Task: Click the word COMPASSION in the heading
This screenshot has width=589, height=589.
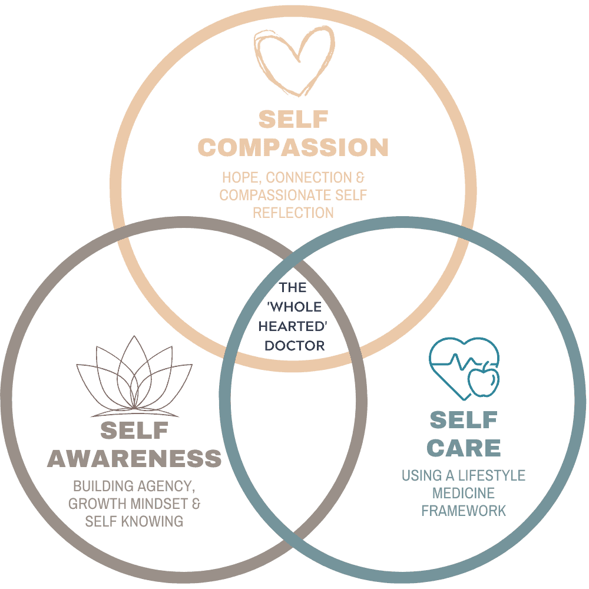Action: [293, 147]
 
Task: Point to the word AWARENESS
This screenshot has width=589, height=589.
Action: [134, 459]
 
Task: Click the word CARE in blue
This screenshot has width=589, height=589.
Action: [464, 448]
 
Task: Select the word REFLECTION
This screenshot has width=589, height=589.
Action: [293, 212]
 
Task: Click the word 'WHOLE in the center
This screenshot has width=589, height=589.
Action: [293, 307]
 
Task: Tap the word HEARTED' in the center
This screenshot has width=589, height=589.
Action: [294, 326]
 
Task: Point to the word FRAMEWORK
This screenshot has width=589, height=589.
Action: [464, 510]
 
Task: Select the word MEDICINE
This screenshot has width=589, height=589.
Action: [464, 493]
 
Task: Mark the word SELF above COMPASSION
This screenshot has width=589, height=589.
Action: [293, 120]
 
